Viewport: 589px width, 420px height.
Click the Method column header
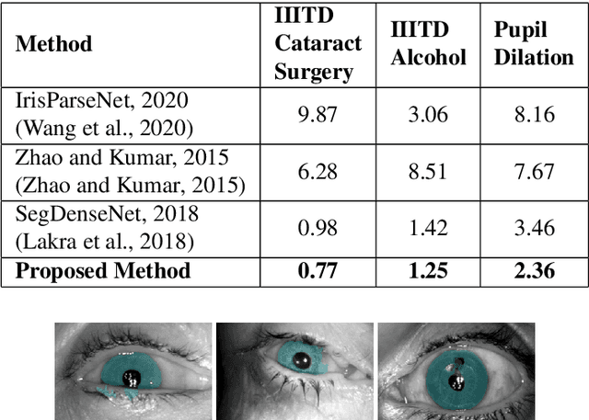54,43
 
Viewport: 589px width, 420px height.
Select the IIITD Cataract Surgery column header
318,42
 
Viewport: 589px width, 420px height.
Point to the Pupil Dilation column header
534,44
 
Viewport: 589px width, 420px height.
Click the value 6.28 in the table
318,172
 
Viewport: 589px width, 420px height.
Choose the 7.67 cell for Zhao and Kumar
534,172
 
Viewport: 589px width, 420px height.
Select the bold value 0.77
318,271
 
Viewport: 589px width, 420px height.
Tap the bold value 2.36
534,271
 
